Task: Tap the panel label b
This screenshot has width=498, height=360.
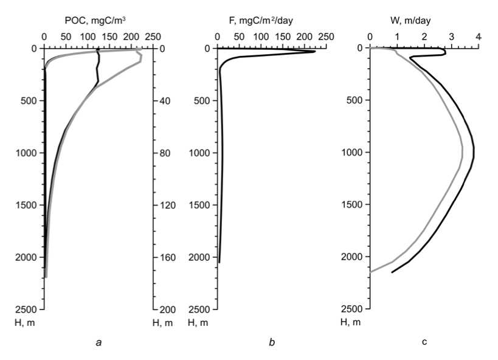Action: [272, 342]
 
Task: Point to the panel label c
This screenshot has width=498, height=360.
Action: [424, 342]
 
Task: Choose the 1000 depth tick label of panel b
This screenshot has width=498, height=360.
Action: [200, 153]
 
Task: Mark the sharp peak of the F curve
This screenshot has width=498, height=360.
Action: [315, 52]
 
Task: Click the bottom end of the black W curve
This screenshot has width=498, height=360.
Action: [392, 272]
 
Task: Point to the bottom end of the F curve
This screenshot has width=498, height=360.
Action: [219, 263]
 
